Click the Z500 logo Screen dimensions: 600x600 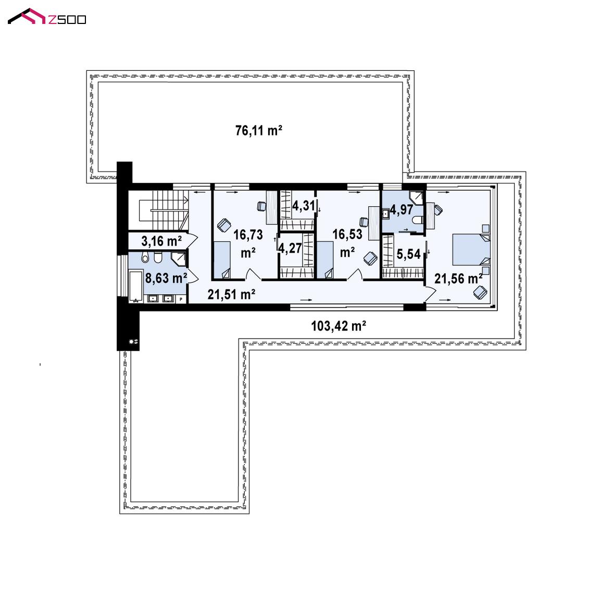coord(47,17)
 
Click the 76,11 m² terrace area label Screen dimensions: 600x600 coord(259,131)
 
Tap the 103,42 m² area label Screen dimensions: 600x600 coord(339,326)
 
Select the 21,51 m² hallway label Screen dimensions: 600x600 coord(231,294)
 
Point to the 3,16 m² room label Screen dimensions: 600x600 coord(161,241)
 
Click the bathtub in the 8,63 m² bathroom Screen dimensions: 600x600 coord(136,286)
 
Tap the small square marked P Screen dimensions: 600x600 coord(181,299)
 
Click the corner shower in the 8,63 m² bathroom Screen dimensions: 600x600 coord(178,259)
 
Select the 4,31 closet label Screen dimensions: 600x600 coord(304,206)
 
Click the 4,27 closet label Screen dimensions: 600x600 coord(290,248)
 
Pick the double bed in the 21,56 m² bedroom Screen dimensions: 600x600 coord(471,249)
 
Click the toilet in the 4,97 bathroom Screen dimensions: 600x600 coord(417,220)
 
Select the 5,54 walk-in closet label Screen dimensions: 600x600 coord(408,254)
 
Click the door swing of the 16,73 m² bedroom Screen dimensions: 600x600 coord(253,274)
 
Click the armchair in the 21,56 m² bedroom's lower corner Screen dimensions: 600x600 coord(480,293)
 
